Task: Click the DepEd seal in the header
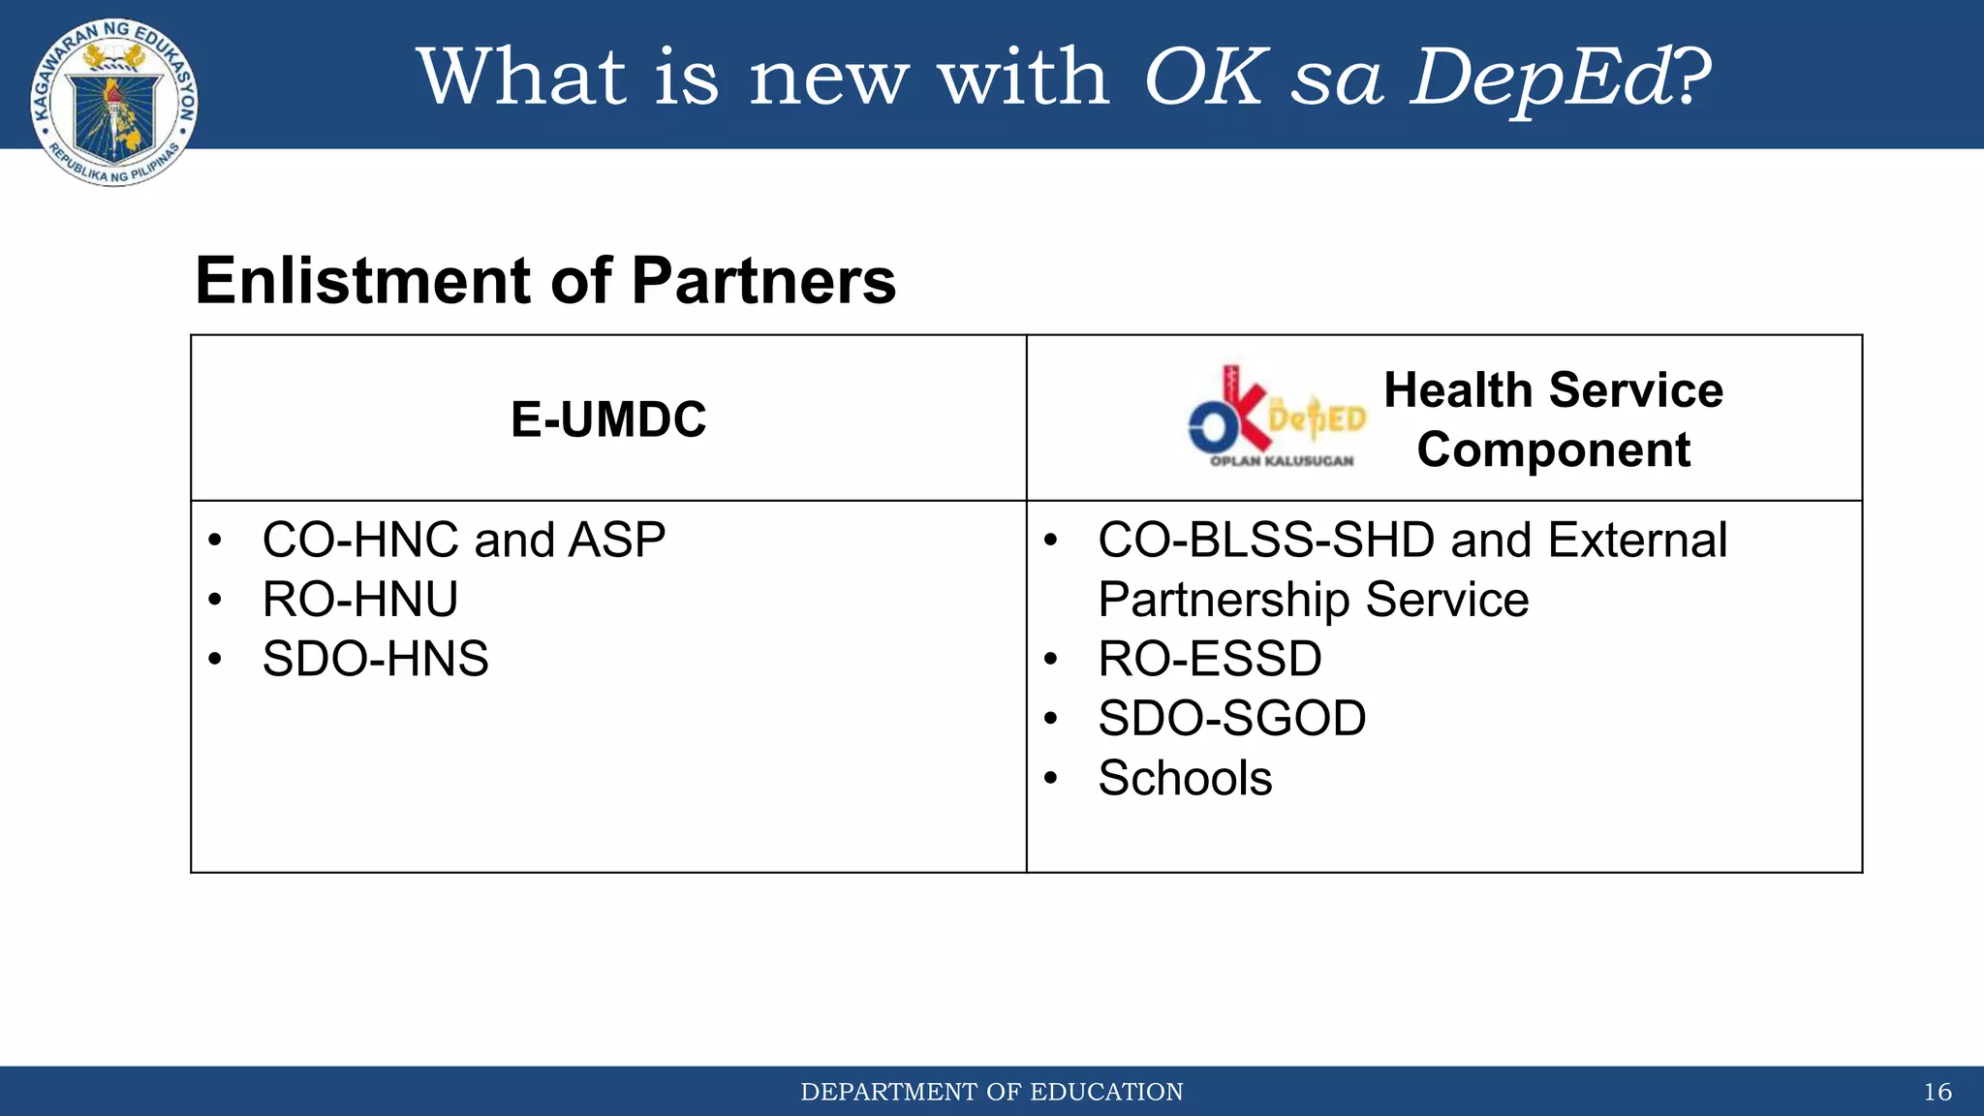tap(114, 102)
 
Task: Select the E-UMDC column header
tap(608, 419)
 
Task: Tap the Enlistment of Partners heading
tap(545, 281)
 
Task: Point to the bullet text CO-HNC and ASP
tap(463, 541)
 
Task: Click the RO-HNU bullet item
tap(360, 600)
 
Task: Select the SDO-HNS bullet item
tap(375, 660)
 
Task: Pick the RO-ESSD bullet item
tap(1209, 660)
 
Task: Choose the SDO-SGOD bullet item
tap(1231, 719)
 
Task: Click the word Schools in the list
tap(1185, 779)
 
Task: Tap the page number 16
tap(1937, 1093)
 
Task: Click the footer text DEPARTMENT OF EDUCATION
tap(991, 1093)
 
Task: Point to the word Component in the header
tap(1553, 450)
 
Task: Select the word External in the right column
tap(1637, 541)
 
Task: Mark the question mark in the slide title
tap(1692, 77)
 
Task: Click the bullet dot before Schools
tap(1051, 779)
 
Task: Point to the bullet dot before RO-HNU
tap(215, 601)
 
